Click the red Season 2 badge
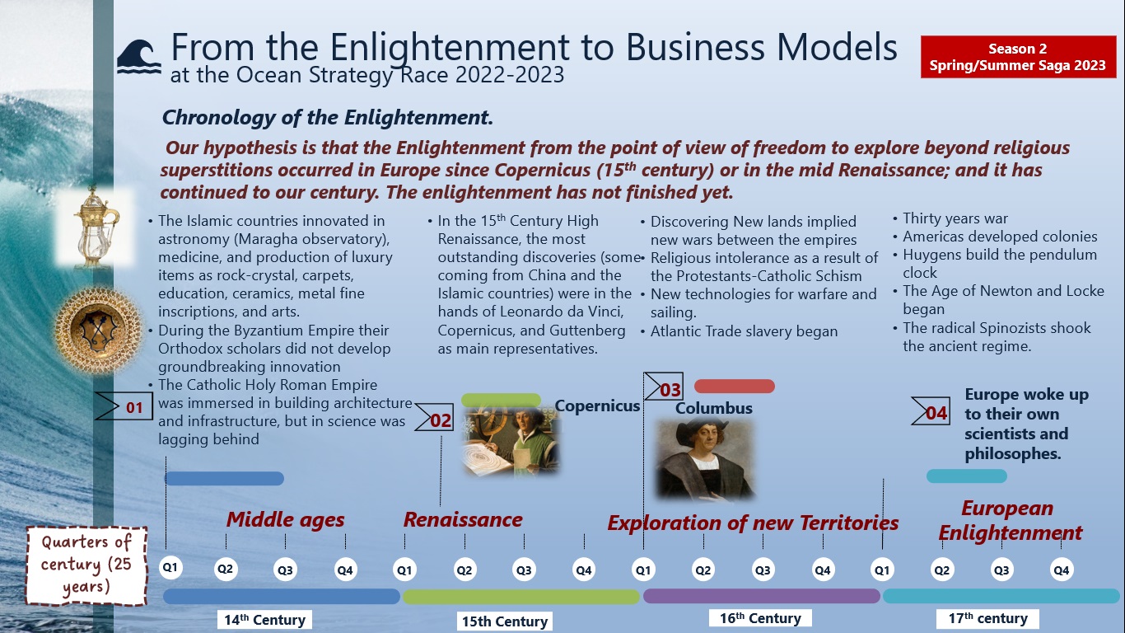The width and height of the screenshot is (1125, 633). pos(1017,57)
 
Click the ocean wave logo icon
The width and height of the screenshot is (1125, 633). pos(138,57)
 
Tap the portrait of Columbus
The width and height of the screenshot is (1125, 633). pos(705,459)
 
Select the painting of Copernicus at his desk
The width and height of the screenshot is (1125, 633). pos(511,443)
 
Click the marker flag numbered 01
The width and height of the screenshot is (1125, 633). pos(124,406)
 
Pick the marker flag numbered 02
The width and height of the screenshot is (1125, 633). pos(434,420)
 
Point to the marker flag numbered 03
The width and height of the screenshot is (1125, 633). pos(664,389)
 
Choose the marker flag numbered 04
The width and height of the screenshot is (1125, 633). pos(931,412)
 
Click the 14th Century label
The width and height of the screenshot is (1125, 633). pos(264,620)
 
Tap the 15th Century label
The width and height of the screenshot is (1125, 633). pos(504,621)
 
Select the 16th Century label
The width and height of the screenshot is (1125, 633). pos(760,618)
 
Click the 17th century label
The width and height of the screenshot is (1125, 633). pos(987,618)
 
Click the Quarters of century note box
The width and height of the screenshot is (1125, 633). pos(86,565)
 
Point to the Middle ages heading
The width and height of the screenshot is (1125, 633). pos(285,519)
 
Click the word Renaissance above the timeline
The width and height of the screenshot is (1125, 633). pos(462,519)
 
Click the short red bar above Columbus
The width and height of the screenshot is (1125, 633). pos(734,386)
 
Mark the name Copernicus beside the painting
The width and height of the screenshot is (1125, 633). pos(597,406)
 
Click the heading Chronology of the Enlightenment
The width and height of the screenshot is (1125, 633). pos(327,118)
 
